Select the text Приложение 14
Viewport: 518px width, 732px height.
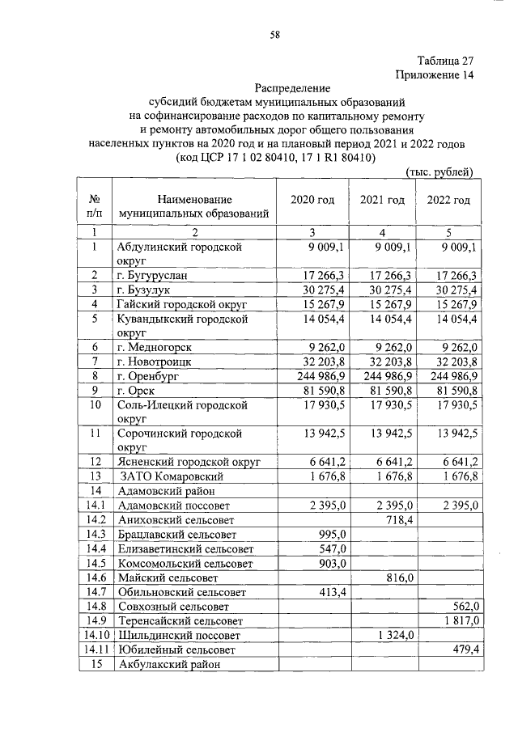click(433, 75)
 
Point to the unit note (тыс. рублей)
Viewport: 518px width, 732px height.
click(438, 171)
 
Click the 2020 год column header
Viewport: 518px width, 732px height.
click(312, 201)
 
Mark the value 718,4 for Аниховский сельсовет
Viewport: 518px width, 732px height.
click(399, 519)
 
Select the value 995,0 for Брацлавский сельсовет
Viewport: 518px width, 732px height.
click(333, 535)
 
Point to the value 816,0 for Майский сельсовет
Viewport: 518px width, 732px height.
click(399, 578)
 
